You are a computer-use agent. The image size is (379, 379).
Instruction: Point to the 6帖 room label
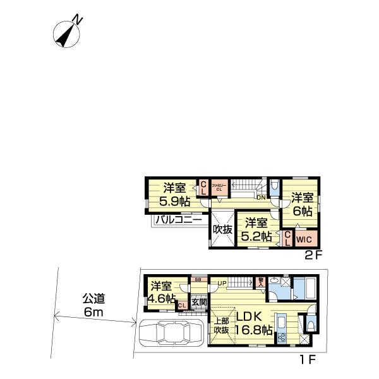(301, 204)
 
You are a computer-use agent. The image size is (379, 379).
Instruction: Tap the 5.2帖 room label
(258, 230)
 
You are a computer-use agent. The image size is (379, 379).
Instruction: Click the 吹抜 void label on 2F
(221, 230)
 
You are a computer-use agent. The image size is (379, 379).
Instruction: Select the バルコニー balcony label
(179, 220)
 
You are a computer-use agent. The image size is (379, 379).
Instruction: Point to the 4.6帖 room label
(162, 292)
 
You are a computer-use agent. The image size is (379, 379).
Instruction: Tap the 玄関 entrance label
(198, 304)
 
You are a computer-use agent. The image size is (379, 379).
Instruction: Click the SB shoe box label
(197, 280)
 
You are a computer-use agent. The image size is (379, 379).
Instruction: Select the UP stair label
(222, 282)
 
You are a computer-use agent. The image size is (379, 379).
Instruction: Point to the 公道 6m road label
(92, 304)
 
